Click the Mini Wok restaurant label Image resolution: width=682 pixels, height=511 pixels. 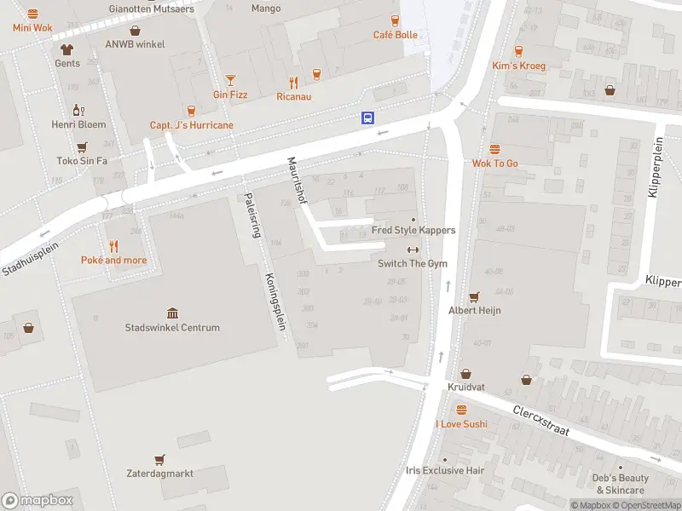(32, 27)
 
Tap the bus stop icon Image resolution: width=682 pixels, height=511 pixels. (367, 118)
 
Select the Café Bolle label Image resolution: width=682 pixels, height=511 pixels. (396, 35)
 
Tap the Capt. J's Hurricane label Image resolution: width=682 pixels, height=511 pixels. (191, 125)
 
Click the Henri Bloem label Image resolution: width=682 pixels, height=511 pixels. (78, 124)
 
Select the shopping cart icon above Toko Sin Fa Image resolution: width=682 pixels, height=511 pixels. (82, 146)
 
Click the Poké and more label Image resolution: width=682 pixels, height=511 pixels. (113, 260)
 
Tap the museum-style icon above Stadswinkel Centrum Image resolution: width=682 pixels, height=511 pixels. (172, 313)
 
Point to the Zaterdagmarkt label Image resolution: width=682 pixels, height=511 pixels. (159, 474)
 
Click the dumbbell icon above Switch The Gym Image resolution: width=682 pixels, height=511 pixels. (413, 250)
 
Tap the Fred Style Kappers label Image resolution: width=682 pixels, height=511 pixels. (413, 230)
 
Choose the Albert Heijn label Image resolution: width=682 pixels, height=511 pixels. (475, 310)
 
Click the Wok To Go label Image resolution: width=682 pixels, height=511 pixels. (494, 164)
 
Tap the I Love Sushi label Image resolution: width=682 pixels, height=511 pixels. (461, 423)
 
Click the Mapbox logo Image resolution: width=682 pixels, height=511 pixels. (38, 501)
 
